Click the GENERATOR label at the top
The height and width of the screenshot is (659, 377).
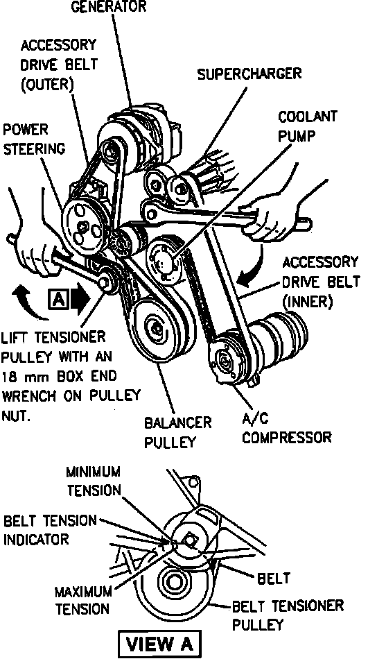pyautogui.click(x=109, y=7)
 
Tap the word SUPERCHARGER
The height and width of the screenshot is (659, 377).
pyautogui.click(x=249, y=74)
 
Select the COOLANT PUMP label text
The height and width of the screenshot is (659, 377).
pyautogui.click(x=307, y=126)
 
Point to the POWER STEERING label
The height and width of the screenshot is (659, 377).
pyautogui.click(x=34, y=139)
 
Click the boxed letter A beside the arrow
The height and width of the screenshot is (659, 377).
pyautogui.click(x=59, y=299)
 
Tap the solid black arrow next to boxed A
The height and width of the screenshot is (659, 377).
pyautogui.click(x=80, y=299)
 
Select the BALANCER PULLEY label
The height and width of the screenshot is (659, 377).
pyautogui.click(x=177, y=432)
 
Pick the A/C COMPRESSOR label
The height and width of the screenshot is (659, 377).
pyautogui.click(x=286, y=428)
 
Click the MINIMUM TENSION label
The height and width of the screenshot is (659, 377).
pyautogui.click(x=94, y=481)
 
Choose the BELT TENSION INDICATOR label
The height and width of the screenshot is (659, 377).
pyautogui.click(x=49, y=530)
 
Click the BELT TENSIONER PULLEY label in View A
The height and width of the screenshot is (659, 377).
pyautogui.click(x=288, y=615)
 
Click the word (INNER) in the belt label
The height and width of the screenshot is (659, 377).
pyautogui.click(x=307, y=301)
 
